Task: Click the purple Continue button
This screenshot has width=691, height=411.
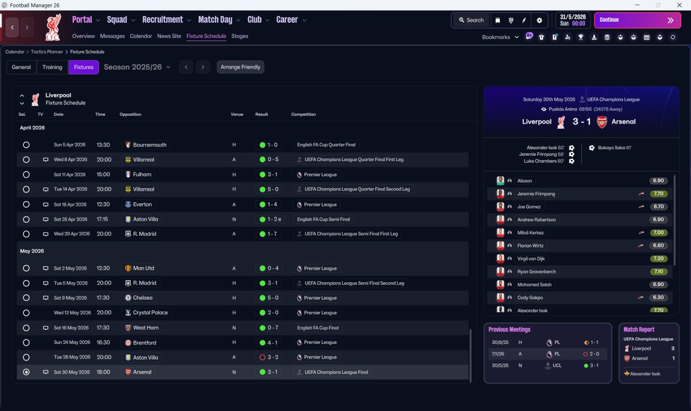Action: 638,20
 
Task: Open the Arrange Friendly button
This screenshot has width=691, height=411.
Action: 240,67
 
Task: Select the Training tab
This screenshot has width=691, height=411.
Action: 52,67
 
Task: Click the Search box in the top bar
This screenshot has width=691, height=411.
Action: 471,20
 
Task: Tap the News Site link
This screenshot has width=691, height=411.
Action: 169,36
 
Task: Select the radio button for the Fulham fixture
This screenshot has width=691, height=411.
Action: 26,175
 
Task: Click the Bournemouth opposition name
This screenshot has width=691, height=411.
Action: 150,145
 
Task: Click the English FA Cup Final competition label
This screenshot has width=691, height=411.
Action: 318,328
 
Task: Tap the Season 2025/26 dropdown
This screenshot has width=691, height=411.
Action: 137,67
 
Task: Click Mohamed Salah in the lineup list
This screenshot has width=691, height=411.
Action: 534,284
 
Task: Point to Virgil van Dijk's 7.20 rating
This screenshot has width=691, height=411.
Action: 658,258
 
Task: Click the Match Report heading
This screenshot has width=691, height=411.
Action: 639,329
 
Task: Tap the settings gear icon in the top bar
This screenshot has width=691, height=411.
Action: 539,21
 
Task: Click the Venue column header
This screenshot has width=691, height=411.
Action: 237,114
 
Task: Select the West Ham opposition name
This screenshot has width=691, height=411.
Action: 146,328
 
